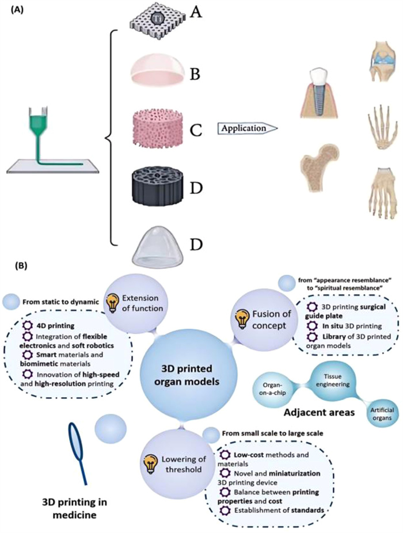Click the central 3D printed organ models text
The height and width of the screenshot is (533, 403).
200,368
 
